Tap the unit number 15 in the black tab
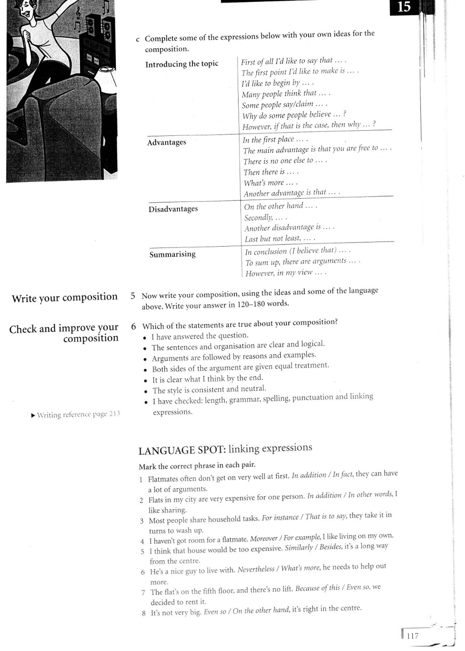[404, 7]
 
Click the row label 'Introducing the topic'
[182, 64]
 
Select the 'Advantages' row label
[166, 142]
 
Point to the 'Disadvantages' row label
[173, 209]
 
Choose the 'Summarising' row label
[173, 255]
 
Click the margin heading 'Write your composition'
[65, 298]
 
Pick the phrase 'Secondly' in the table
[259, 217]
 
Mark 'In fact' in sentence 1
[343, 474]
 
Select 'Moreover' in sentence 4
[263, 539]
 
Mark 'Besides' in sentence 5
[330, 547]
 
